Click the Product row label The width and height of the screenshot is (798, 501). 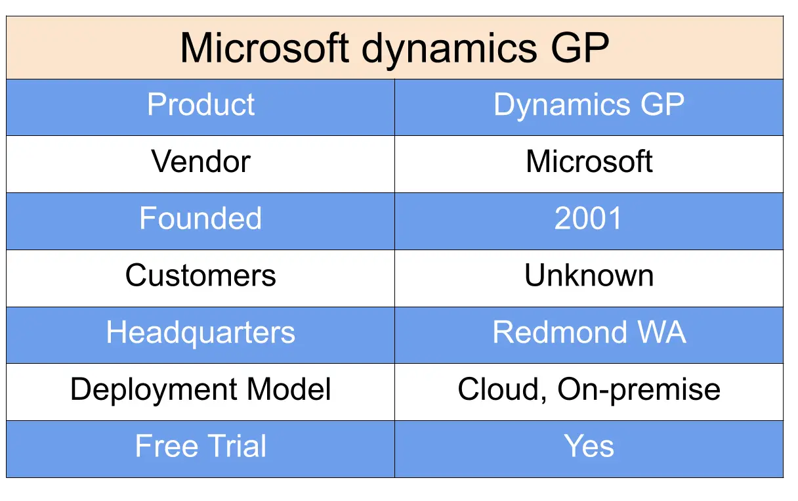pyautogui.click(x=201, y=105)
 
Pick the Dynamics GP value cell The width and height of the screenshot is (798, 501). pyautogui.click(x=589, y=105)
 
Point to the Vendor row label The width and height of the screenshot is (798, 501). pyautogui.click(x=201, y=162)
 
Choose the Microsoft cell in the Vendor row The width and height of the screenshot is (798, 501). pyautogui.click(x=589, y=162)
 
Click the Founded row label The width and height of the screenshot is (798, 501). pyautogui.click(x=201, y=219)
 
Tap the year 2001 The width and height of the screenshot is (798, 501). pyautogui.click(x=589, y=219)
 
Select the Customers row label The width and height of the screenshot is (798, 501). pyautogui.click(x=201, y=276)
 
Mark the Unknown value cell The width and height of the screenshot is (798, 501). pyautogui.click(x=589, y=276)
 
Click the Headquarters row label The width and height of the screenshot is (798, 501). pyautogui.click(x=201, y=333)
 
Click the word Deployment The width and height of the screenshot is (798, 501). pyautogui.click(x=154, y=389)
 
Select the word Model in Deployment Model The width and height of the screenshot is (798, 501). pyautogui.click(x=289, y=389)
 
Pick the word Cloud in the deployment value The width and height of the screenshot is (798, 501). pyautogui.click(x=500, y=389)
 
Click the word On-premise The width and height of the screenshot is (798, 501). pyautogui.click(x=639, y=390)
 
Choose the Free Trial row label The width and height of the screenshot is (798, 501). pyautogui.click(x=201, y=447)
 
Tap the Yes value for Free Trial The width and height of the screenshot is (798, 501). pyautogui.click(x=589, y=447)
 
